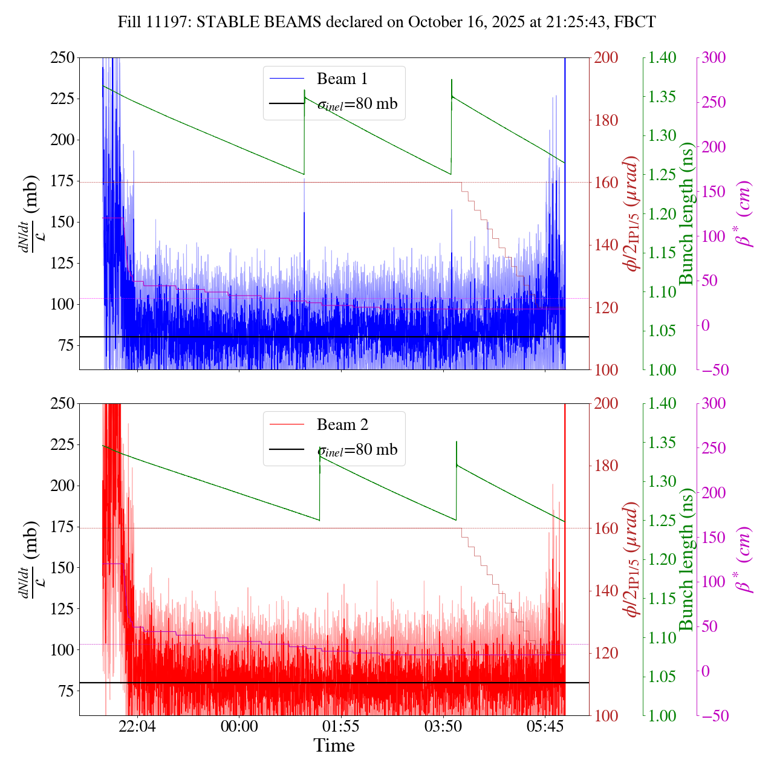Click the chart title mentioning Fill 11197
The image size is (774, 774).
click(387, 22)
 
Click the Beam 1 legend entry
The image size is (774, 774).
click(342, 79)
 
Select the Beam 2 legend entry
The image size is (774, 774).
click(342, 425)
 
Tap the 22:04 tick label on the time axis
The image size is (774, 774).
click(137, 726)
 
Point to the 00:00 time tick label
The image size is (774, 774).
click(239, 726)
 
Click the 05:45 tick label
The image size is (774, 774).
click(545, 726)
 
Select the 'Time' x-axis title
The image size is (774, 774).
click(334, 746)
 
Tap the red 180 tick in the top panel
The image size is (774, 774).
click(607, 120)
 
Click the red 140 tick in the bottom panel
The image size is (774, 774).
click(607, 591)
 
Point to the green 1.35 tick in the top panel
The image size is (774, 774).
click(663, 97)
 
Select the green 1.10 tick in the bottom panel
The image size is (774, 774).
click(663, 638)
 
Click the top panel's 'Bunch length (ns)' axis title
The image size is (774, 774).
click(686, 213)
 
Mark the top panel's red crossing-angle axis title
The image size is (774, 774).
click(633, 213)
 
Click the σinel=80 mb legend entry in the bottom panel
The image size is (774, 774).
click(357, 450)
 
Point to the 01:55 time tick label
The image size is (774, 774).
click(341, 726)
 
